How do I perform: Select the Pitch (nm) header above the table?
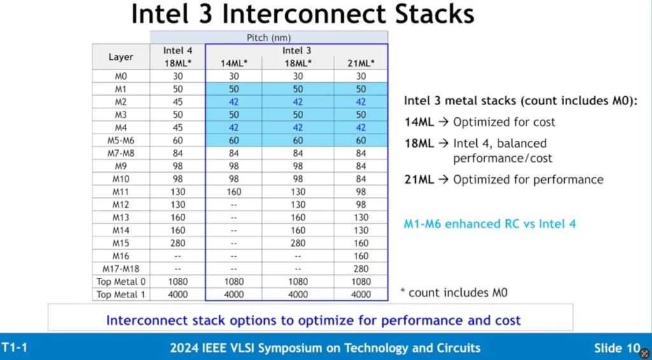pyautogui.click(x=269, y=38)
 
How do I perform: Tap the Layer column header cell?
pyautogui.click(x=120, y=57)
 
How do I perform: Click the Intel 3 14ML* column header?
pyautogui.click(x=234, y=64)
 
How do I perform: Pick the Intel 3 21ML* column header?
pyautogui.click(x=360, y=64)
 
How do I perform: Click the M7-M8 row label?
pyautogui.click(x=120, y=154)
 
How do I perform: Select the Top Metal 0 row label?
pyautogui.click(x=120, y=282)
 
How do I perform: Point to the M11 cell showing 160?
pyautogui.click(x=234, y=192)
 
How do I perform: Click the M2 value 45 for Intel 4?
pyautogui.click(x=178, y=102)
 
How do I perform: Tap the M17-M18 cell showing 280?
pyautogui.click(x=360, y=269)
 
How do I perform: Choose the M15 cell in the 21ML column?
pyautogui.click(x=360, y=243)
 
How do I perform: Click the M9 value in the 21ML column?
pyautogui.click(x=360, y=166)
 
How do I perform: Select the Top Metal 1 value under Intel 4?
pyautogui.click(x=178, y=294)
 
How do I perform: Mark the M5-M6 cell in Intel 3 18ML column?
pyautogui.click(x=298, y=141)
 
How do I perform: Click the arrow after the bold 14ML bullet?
pyautogui.click(x=444, y=122)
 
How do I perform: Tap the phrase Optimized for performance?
pyautogui.click(x=528, y=180)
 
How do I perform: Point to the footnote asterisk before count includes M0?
pyautogui.click(x=402, y=290)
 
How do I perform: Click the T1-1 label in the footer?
pyautogui.click(x=15, y=347)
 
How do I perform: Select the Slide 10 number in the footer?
pyautogui.click(x=617, y=348)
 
